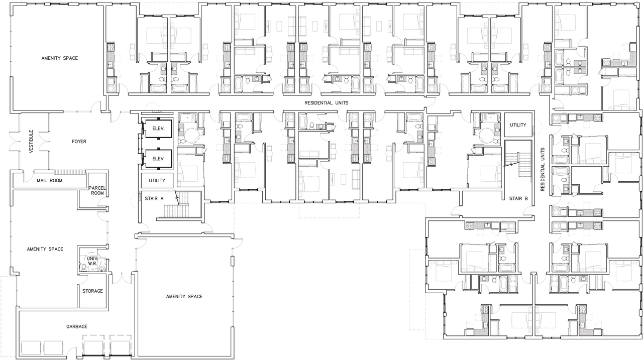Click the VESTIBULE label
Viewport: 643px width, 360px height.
[31, 141]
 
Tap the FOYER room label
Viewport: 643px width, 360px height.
[79, 142]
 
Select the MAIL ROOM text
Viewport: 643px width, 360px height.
[49, 180]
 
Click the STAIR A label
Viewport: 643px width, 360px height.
[154, 199]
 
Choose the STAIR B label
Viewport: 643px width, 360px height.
[518, 199]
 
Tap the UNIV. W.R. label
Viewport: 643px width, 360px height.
[91, 261]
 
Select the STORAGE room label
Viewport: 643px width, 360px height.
[92, 291]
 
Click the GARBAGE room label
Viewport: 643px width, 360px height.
[77, 326]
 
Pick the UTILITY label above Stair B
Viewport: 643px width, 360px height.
[518, 125]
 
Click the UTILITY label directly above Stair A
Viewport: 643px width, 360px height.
[157, 180]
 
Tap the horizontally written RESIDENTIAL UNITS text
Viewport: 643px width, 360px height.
[326, 102]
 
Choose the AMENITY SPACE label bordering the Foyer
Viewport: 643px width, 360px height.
[59, 58]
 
